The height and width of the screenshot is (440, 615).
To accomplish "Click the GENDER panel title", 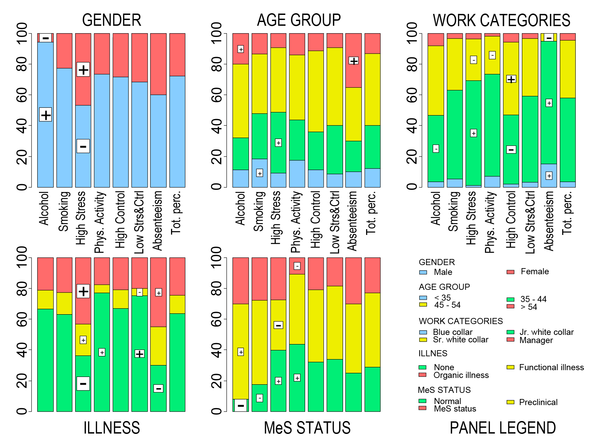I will [x=111, y=20].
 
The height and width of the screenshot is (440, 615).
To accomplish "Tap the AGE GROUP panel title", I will [x=299, y=20].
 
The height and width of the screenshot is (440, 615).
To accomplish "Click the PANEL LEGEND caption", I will [x=503, y=428].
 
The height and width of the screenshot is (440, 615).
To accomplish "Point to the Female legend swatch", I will [x=510, y=272].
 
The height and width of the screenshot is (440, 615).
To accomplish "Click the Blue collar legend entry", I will [x=452, y=332].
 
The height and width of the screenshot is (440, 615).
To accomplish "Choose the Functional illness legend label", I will [x=551, y=367].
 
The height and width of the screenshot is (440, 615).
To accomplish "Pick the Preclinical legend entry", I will [x=538, y=402].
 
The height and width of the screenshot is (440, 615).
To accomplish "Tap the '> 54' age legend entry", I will [x=529, y=307].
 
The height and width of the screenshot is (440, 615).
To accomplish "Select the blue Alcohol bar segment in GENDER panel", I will [x=45, y=85].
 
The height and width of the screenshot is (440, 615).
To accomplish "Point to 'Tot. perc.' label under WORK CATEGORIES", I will [x=567, y=213].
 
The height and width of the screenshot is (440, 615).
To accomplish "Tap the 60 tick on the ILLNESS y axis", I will [x=22, y=319].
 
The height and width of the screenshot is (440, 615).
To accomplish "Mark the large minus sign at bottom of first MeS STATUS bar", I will [x=241, y=405].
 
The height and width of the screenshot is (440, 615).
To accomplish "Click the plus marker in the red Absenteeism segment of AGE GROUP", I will [x=354, y=61].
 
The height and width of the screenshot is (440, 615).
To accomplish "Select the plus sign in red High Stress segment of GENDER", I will [x=83, y=69].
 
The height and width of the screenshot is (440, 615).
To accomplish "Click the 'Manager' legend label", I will [x=536, y=340].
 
